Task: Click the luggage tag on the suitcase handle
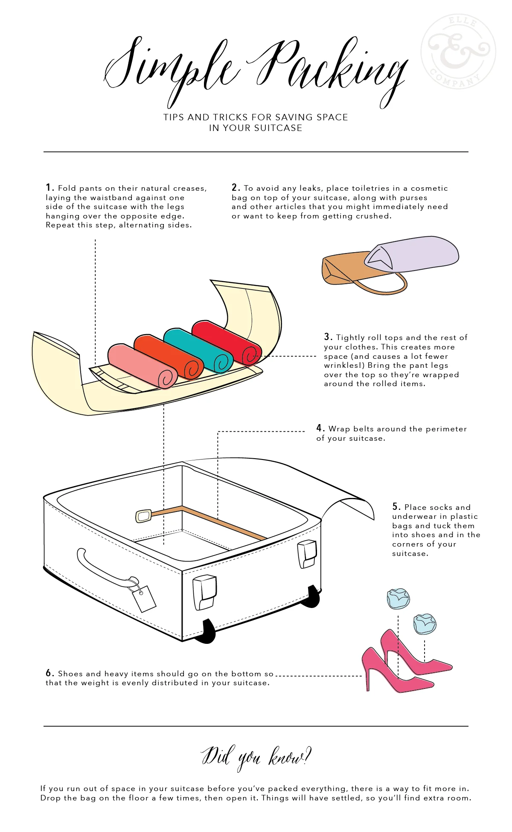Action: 144,598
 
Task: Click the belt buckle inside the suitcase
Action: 143,516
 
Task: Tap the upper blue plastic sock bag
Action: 398,598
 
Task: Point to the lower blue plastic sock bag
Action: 425,624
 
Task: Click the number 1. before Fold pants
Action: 49,188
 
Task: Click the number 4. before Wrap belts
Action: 320,428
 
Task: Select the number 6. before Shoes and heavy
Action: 49,673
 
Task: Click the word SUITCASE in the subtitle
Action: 277,128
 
